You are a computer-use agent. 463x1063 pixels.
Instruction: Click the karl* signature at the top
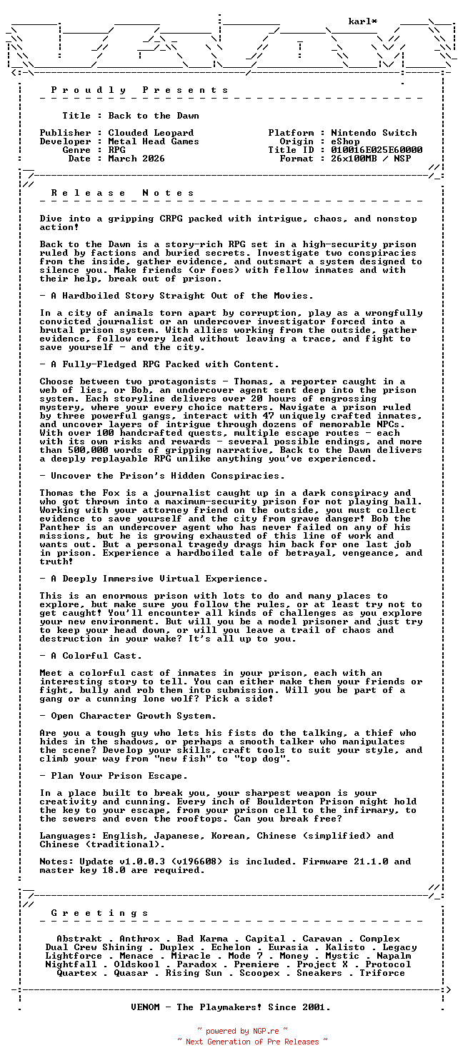point(363,21)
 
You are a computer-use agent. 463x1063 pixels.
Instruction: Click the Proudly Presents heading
point(140,90)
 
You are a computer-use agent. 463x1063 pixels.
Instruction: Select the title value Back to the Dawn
point(154,116)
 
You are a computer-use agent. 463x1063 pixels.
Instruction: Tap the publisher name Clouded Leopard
point(151,133)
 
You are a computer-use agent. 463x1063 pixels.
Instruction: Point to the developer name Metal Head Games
point(154,141)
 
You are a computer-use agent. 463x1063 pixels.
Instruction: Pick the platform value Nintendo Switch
point(374,133)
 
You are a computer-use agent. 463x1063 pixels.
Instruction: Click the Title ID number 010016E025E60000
point(377,150)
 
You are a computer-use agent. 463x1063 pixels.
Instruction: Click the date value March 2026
point(136,159)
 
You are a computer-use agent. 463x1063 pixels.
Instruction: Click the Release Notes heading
point(123,193)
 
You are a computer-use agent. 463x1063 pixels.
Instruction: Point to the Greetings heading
point(100,913)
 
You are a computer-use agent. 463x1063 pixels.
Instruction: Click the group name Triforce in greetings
point(382,973)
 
